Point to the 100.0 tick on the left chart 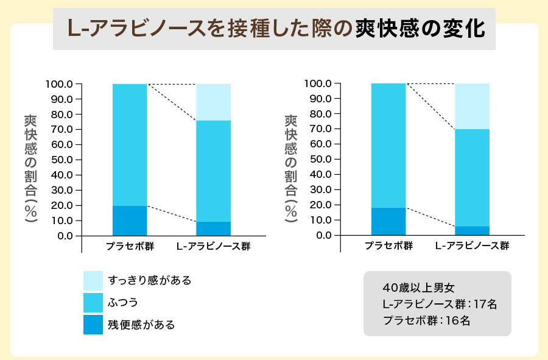(60, 84)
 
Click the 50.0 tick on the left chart (62, 160)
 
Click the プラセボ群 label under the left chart (130, 247)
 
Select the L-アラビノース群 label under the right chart (472, 246)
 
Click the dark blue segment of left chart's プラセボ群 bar (130, 221)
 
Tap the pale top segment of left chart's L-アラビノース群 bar (213, 102)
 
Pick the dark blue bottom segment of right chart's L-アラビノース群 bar (472, 231)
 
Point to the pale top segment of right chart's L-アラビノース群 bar (472, 106)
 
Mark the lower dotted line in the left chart (172, 213)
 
